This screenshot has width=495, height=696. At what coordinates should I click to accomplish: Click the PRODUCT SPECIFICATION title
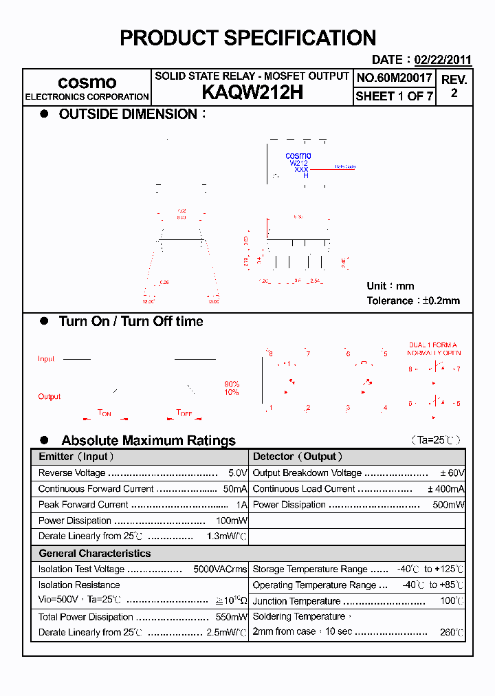point(247,38)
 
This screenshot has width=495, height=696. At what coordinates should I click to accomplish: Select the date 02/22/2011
point(442,60)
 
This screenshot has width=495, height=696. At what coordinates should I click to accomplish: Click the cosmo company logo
point(87,82)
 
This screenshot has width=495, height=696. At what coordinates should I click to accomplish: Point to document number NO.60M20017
point(394,78)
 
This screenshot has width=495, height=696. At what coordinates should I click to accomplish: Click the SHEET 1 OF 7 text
point(394,96)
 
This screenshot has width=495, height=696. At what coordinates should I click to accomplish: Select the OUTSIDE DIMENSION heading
point(129,114)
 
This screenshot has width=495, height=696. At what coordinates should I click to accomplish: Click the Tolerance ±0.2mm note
point(413,301)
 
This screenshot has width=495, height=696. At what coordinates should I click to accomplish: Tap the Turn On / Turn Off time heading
point(131,321)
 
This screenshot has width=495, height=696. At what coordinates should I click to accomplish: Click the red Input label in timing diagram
point(46,359)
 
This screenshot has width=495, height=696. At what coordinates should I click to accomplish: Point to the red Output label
point(49,396)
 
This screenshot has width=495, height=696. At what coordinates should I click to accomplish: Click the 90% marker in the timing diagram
point(232,384)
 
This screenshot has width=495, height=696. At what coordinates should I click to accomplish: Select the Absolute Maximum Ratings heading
point(148,440)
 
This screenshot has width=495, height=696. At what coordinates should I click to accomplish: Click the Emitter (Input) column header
point(76,457)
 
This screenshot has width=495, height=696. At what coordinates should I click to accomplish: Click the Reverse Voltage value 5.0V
point(237,473)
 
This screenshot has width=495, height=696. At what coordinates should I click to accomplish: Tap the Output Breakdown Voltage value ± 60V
point(452,473)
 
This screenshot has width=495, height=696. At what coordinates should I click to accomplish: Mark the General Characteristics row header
point(94,553)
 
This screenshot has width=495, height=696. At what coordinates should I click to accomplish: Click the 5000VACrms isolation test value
point(220,569)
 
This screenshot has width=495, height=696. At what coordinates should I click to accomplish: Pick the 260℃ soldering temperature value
point(452,632)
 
